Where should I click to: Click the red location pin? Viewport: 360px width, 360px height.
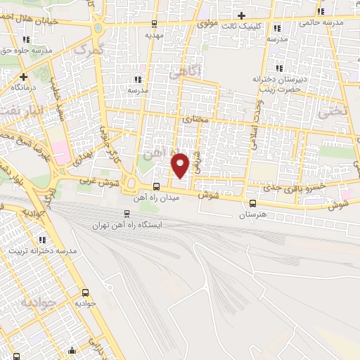tap(181, 165)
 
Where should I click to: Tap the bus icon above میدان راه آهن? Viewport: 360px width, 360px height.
tap(156, 186)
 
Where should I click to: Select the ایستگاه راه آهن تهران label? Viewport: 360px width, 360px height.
tap(128, 225)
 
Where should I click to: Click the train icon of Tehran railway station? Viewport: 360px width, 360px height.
tap(127, 213)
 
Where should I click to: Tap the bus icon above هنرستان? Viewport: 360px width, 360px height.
tap(252, 203)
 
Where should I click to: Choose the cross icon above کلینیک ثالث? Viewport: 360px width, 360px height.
tap(242, 15)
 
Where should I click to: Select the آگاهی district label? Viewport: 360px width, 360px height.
tap(185, 70)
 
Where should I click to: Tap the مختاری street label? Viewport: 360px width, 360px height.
tap(197, 120)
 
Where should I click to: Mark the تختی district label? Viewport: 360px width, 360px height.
tap(333, 111)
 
